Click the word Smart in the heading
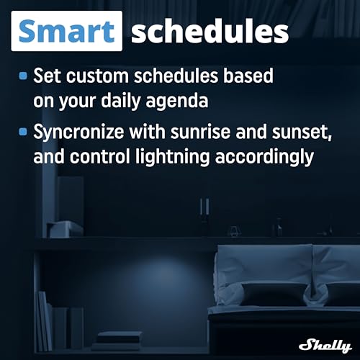point(66,31)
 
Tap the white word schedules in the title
point(210,32)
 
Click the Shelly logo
point(325,346)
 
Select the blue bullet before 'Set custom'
point(23,76)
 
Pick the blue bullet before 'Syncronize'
point(23,132)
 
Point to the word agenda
point(177,102)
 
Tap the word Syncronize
point(78,132)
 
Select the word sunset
point(302,132)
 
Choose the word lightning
point(172,157)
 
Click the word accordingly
point(264,157)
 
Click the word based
point(248,76)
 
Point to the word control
point(99,156)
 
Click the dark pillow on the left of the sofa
point(273,294)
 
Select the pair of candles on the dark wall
point(204,207)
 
